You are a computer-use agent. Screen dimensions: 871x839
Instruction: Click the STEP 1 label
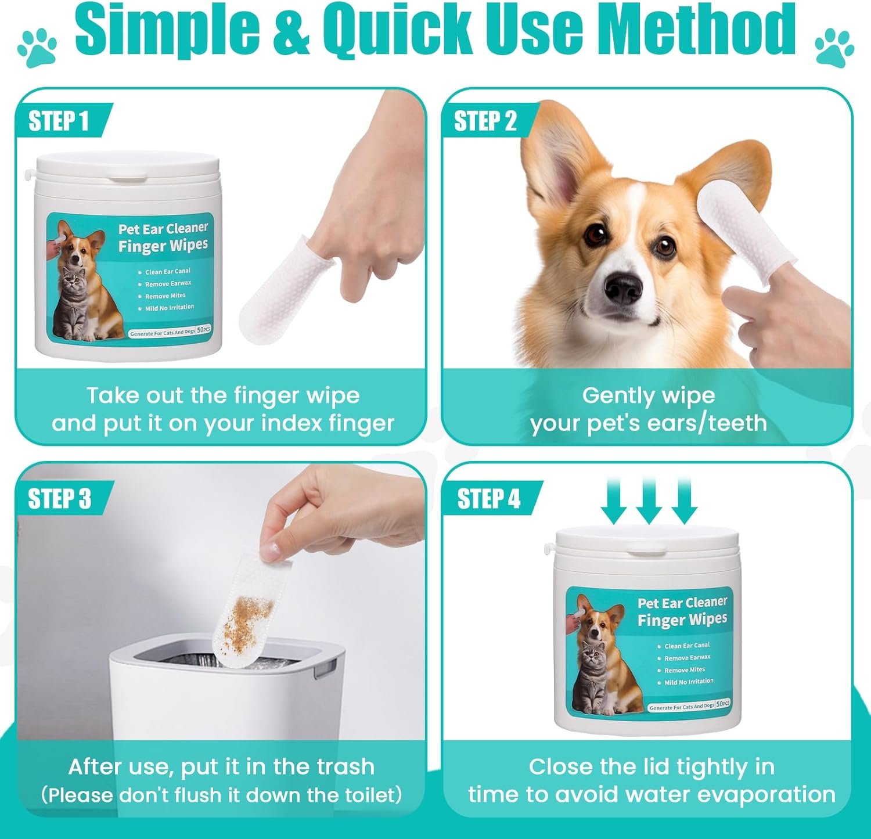tap(59, 121)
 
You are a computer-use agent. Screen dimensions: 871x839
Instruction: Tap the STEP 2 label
tap(485, 121)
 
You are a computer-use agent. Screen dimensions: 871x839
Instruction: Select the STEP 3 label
tap(60, 499)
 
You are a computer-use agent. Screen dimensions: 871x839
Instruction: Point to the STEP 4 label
tap(489, 499)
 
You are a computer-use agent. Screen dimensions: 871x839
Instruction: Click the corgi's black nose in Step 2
tap(623, 286)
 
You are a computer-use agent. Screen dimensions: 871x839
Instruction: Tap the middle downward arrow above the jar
tap(649, 500)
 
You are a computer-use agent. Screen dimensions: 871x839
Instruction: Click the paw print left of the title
tap(37, 47)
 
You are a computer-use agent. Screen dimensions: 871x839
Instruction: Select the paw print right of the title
tap(834, 47)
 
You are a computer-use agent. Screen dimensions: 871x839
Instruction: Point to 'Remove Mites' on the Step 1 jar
tap(165, 296)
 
